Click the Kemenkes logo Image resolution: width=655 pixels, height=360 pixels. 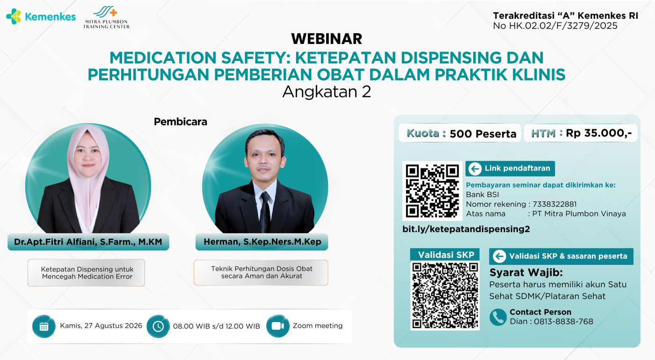point(41,16)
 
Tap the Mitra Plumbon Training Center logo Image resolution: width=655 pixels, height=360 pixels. point(107,18)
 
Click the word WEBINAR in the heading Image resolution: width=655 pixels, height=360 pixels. point(327,39)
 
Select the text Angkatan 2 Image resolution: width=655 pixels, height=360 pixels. point(327,92)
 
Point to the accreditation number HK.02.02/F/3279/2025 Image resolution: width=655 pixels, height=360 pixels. point(563,26)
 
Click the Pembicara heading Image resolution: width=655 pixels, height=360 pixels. point(181,122)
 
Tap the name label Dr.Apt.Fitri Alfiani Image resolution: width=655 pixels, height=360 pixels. point(88,242)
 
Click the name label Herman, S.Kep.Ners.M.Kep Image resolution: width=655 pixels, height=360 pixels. point(262,242)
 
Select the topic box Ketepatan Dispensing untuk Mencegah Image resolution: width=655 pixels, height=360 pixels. point(86,272)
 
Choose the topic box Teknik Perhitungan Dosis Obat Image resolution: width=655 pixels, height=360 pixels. point(261,272)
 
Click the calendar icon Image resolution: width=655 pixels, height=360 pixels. point(44,326)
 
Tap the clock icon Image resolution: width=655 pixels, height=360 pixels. point(158,326)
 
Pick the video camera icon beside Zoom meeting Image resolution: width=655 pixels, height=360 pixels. point(278,326)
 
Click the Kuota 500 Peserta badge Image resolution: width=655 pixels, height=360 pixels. point(459,133)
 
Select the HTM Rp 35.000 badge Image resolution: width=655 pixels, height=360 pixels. point(581,133)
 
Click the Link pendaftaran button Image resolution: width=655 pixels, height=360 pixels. point(510,169)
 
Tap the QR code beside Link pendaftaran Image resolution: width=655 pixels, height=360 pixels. point(432,191)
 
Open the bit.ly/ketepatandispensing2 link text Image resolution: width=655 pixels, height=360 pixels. point(466,229)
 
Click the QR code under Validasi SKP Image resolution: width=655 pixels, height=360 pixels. point(445,295)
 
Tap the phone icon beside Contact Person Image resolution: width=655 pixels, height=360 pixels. point(498,317)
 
